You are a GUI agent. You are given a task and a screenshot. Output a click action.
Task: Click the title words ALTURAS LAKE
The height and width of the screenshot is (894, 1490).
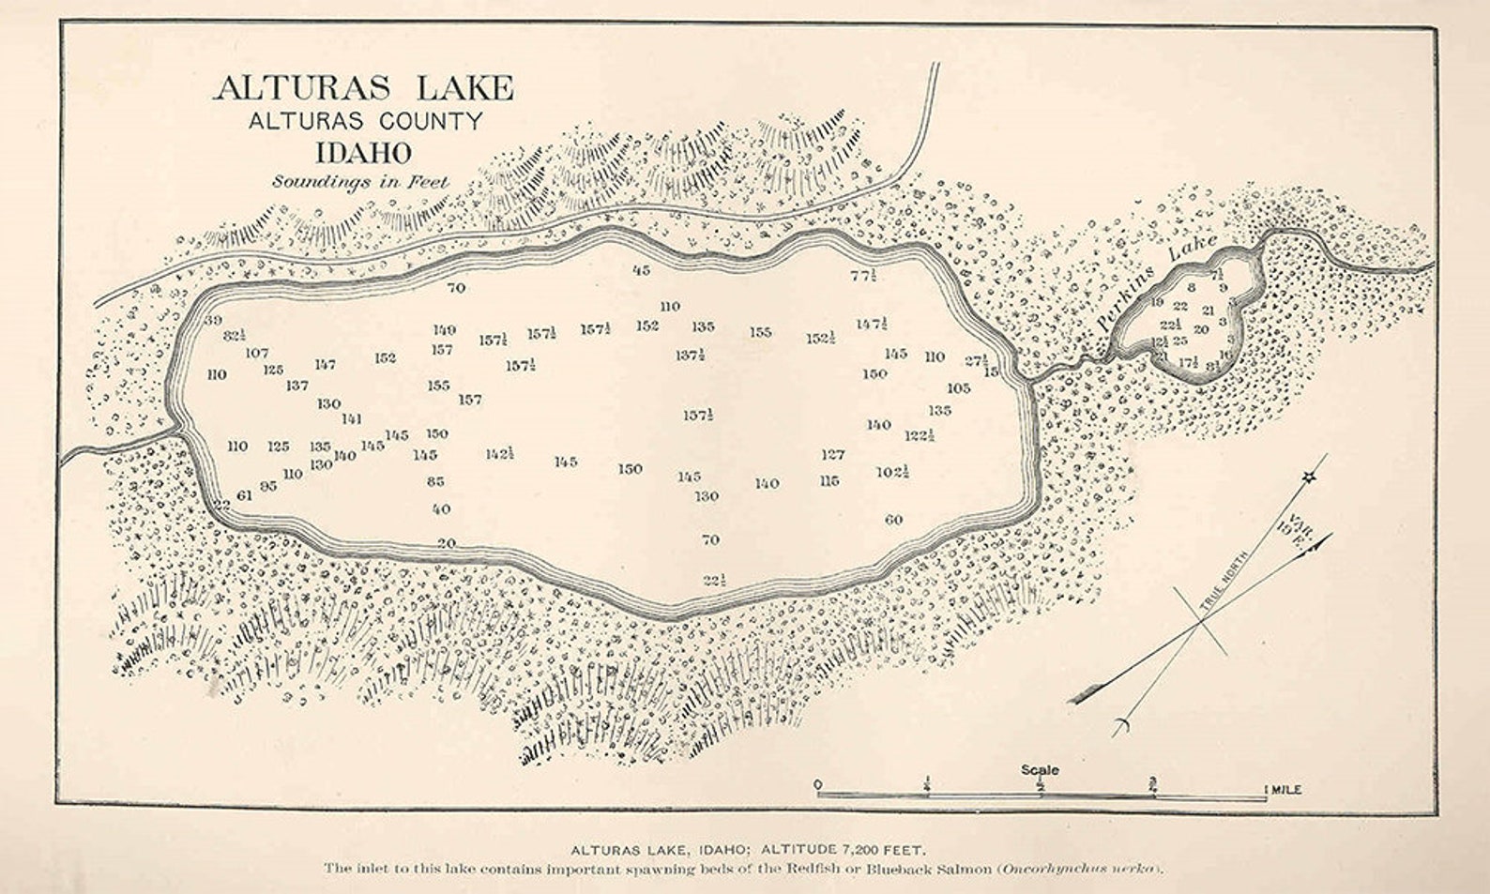coord(364,88)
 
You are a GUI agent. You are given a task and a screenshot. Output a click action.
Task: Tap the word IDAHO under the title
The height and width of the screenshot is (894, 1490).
coord(363,152)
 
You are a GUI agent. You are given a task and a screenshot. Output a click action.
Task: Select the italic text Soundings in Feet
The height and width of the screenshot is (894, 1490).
coord(360,182)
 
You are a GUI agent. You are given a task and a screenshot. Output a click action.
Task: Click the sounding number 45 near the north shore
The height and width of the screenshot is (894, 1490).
coord(642,270)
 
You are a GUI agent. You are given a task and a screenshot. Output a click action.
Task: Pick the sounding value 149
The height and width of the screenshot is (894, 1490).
coord(444,330)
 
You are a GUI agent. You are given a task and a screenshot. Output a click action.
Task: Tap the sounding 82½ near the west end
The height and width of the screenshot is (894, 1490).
coord(235,336)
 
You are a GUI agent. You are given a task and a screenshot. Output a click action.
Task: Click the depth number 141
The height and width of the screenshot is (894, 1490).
coord(352,419)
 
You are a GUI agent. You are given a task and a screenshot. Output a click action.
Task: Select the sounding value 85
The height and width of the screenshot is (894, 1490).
coord(435,482)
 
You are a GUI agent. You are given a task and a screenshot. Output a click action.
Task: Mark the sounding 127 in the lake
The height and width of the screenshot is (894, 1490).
coord(832,455)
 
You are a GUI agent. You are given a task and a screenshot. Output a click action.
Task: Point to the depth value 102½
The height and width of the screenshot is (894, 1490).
coord(893,472)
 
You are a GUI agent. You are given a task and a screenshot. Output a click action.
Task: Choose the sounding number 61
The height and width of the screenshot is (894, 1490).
coord(244,495)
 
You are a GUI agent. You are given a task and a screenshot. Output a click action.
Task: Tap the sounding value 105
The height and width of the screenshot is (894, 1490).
coord(958,387)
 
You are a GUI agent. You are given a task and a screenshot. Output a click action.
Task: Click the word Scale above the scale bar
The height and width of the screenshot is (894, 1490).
coord(1040,769)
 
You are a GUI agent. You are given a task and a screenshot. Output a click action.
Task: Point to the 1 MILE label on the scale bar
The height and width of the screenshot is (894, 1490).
coord(1283,790)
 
